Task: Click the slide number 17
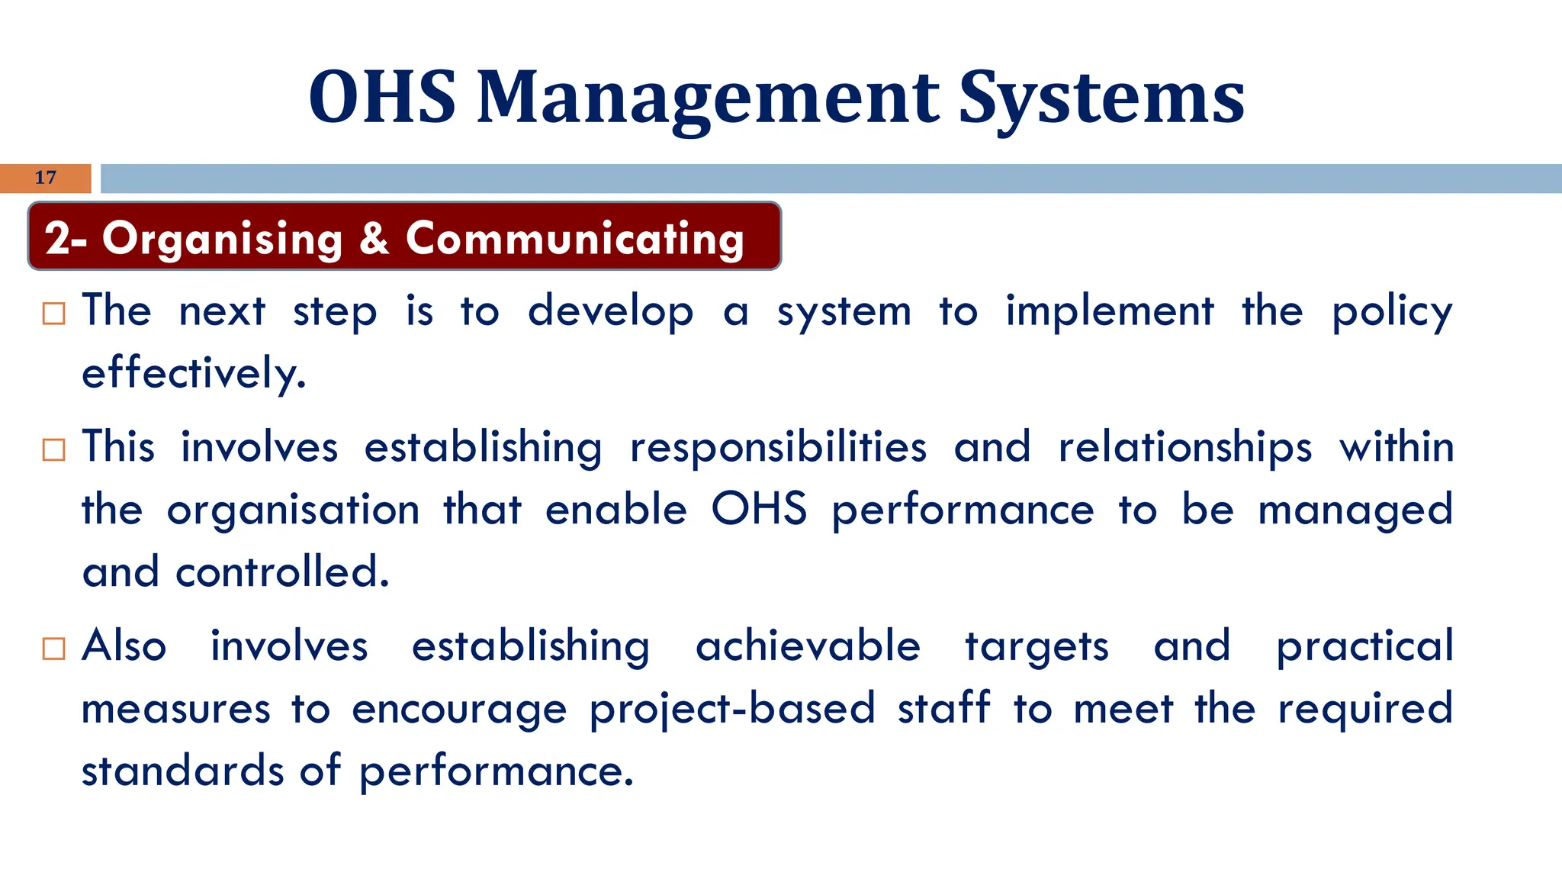46,178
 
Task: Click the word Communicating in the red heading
575,239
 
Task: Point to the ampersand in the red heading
374,238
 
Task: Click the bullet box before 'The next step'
54,314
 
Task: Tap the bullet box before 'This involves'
54,449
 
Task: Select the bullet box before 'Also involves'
54,649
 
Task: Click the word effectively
194,374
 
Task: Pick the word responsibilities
778,447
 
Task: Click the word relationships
1185,447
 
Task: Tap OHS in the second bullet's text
759,509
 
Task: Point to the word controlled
282,572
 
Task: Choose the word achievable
808,646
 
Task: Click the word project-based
732,709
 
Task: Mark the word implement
1109,311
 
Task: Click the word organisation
293,510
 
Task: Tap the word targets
1037,647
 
